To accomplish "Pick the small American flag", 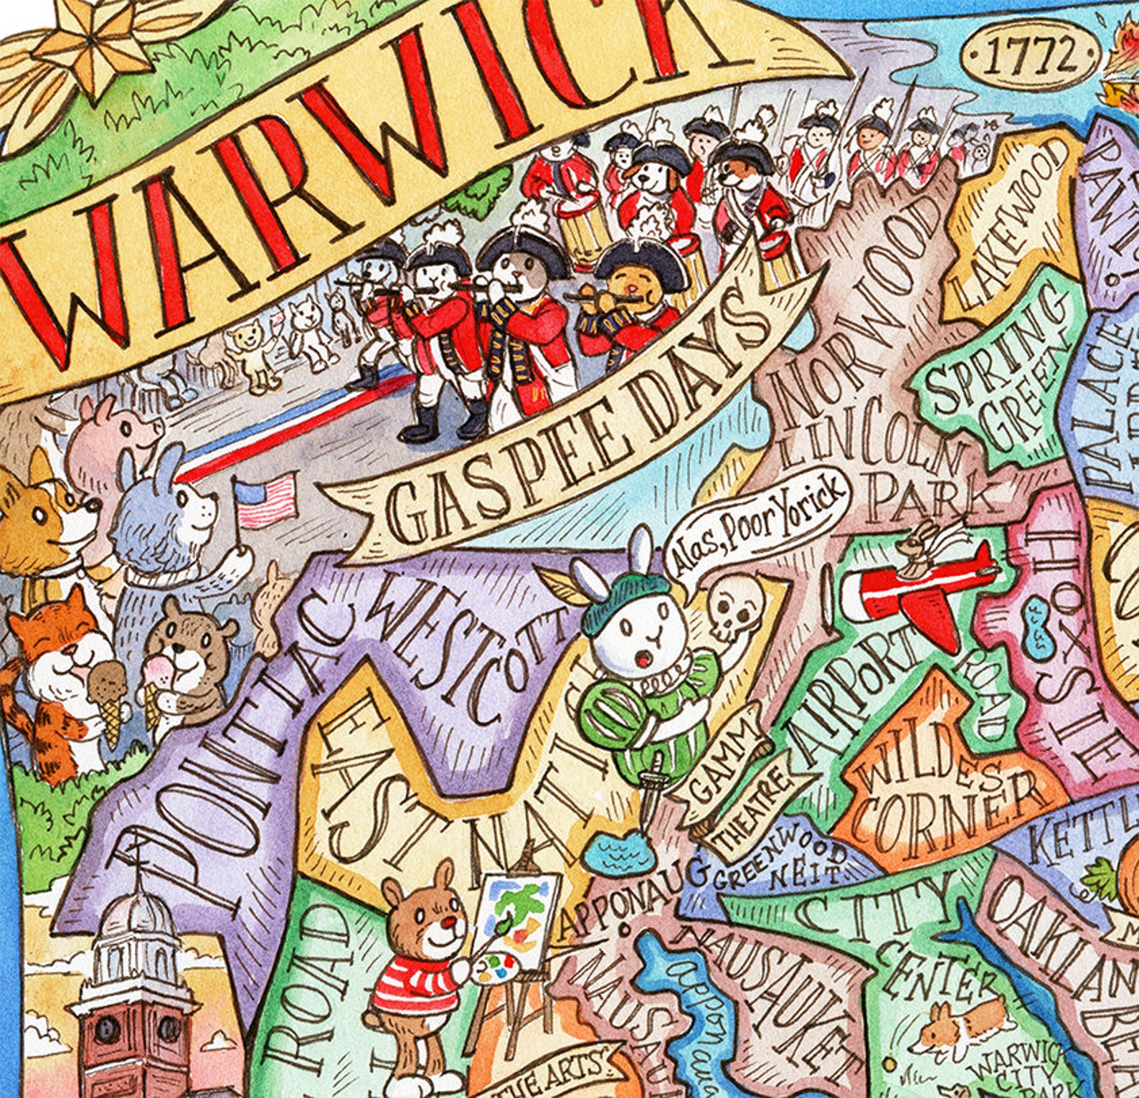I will pyautogui.click(x=266, y=499).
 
